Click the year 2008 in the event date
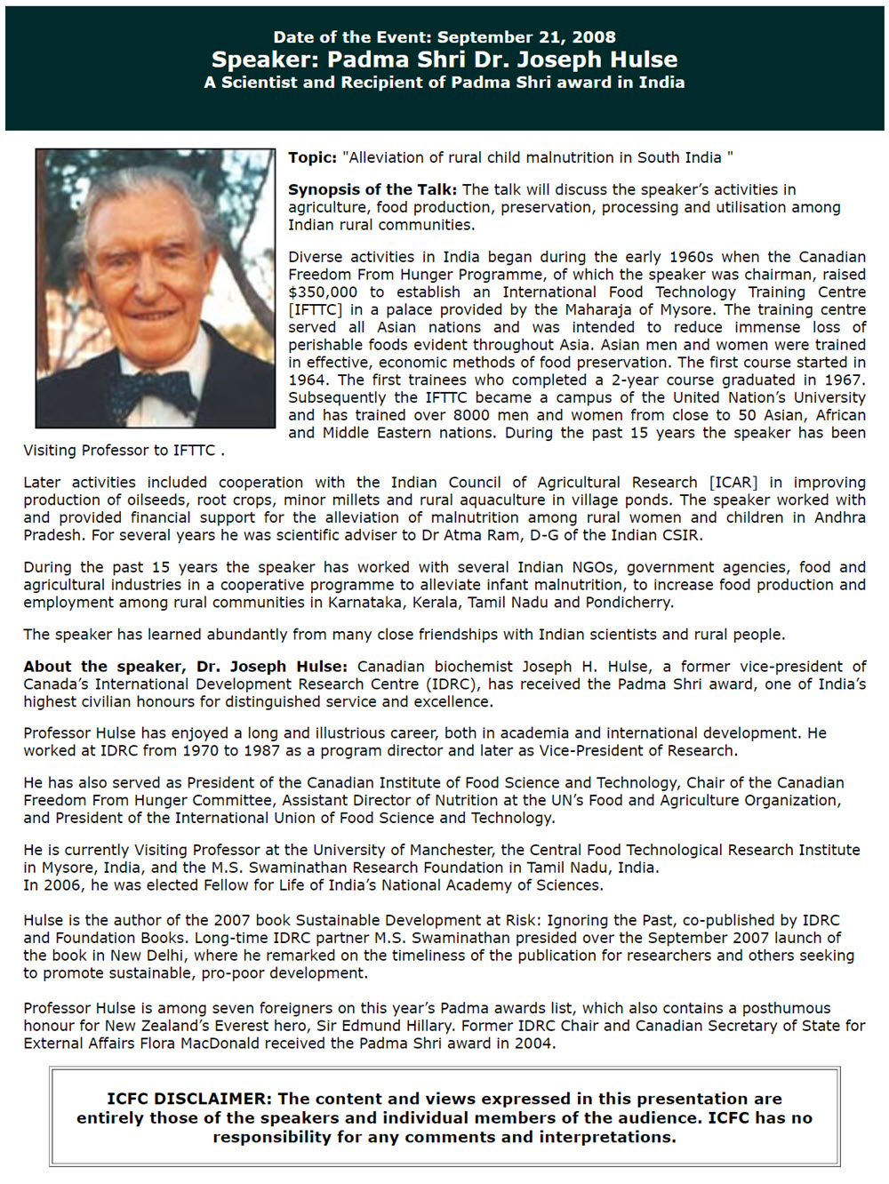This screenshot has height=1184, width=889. (593, 37)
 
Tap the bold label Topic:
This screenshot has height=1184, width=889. (312, 157)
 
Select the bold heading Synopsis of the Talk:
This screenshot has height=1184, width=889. (372, 189)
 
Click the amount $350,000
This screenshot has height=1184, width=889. (323, 292)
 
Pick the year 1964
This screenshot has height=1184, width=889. (307, 380)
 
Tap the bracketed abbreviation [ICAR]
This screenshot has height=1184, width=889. (733, 482)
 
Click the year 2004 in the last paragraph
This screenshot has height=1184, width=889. (533, 1043)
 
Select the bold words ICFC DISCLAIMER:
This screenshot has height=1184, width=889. (189, 1099)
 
